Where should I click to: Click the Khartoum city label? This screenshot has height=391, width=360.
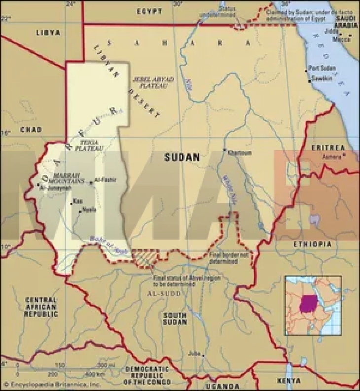click(x=240, y=153)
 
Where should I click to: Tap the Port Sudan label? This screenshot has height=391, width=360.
click(x=322, y=68)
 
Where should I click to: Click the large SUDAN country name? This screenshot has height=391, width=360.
click(x=182, y=157)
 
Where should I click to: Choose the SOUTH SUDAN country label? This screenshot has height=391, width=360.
click(x=176, y=319)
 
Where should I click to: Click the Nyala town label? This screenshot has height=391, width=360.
click(x=89, y=209)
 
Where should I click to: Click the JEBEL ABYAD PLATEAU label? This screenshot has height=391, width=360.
click(x=150, y=82)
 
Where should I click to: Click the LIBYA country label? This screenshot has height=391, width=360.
click(x=48, y=33)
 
